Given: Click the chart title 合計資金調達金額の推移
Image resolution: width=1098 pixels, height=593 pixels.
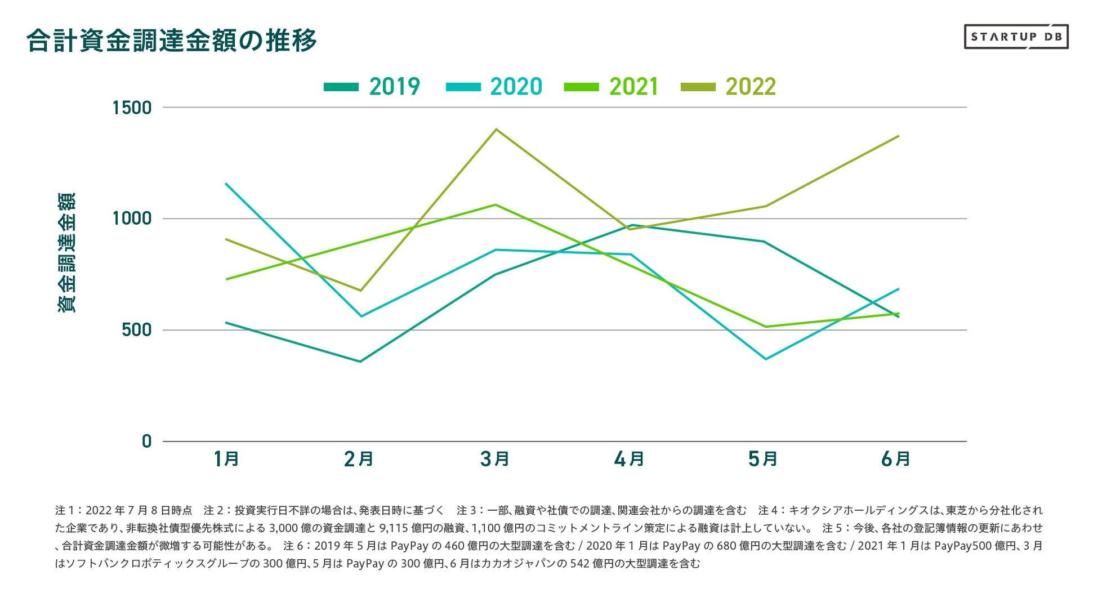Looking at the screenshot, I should (172, 41).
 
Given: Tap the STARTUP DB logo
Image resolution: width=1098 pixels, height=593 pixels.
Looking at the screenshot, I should (1016, 37).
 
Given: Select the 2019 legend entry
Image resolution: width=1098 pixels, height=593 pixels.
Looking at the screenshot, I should (372, 87).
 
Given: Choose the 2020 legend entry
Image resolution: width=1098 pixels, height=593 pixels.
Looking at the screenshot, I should (494, 87).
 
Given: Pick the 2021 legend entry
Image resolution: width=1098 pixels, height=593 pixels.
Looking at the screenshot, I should (611, 87).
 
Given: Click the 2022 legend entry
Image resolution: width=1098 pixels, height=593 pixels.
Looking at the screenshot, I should (728, 87).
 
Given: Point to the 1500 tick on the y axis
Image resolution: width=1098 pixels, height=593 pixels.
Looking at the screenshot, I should (132, 108).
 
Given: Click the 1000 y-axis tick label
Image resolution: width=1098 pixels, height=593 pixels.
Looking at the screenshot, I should (132, 219).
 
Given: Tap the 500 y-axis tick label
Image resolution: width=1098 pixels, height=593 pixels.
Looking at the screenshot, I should (137, 330).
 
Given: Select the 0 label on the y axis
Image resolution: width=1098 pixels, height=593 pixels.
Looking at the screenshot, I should (147, 441).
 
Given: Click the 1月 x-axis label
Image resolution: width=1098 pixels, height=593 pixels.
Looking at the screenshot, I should (226, 460).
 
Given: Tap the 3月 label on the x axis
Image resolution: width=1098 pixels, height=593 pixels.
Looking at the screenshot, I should (495, 460).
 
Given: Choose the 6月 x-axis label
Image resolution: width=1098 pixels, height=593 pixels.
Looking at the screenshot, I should (896, 460).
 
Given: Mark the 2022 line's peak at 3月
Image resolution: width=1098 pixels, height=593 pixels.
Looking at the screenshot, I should (496, 130).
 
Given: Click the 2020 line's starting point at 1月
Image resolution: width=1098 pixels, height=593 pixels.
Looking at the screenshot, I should (226, 184).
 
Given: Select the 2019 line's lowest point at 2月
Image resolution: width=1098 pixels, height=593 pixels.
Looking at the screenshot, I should (360, 362).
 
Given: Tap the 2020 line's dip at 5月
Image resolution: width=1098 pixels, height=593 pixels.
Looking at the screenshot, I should (765, 359).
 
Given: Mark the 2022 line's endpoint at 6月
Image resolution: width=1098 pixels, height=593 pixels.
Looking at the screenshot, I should (899, 136).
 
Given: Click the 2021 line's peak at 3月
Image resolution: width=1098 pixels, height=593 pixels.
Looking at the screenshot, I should (496, 204).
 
